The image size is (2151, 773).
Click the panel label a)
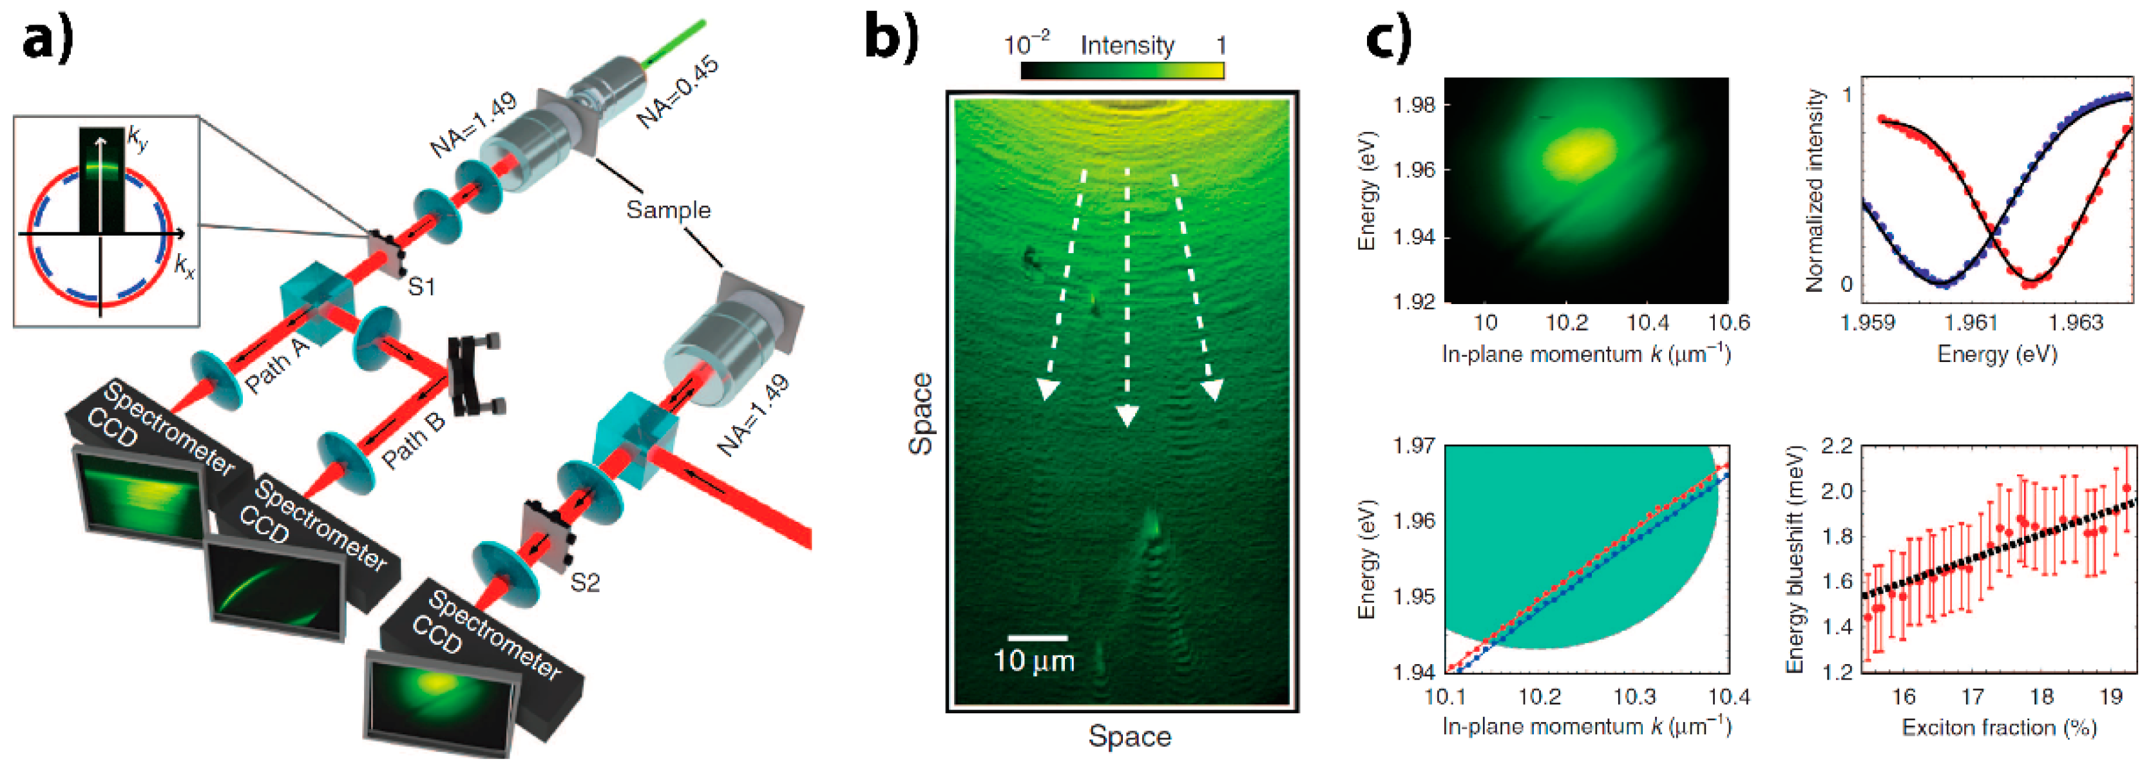tap(48, 40)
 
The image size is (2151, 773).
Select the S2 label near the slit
tap(584, 582)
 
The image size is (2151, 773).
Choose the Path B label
tap(414, 439)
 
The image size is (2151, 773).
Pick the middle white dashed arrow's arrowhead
tap(1127, 415)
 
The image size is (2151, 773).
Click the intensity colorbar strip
tap(1122, 70)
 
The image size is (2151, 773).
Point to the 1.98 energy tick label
tap(1412, 104)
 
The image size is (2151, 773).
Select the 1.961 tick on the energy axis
tap(1974, 322)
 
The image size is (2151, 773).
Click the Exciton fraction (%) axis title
tap(1999, 728)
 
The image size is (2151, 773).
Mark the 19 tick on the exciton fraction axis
tap(2111, 696)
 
